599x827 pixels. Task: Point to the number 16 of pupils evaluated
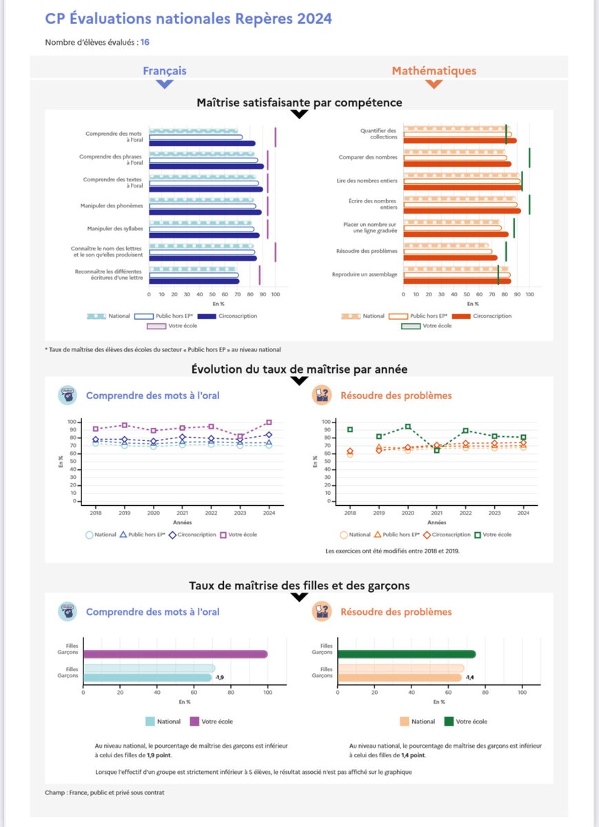click(145, 43)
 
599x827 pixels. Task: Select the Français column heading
click(164, 71)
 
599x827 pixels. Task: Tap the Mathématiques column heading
click(434, 71)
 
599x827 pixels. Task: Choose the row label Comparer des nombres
click(368, 157)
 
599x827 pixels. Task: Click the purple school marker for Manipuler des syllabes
click(267, 229)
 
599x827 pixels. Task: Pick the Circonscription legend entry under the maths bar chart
click(487, 316)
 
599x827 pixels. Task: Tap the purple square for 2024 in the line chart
click(269, 422)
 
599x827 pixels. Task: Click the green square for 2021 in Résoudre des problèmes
click(436, 450)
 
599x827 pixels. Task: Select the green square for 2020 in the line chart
click(407, 427)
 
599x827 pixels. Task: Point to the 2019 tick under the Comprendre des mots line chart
click(124, 513)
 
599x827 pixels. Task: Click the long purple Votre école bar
click(175, 654)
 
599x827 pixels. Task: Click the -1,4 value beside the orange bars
click(469, 677)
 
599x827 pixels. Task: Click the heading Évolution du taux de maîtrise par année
click(299, 369)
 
